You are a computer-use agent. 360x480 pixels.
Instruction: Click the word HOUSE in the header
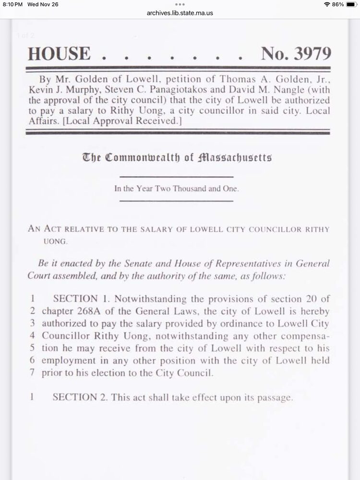[59, 53]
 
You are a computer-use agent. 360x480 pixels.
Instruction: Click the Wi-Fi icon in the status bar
[327, 4]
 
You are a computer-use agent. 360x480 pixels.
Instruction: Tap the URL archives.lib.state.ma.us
[180, 13]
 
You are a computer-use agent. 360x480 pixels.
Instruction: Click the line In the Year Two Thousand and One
[176, 189]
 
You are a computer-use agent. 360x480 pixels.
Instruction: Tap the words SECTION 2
[74, 397]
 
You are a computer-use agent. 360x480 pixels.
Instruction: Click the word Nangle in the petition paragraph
[300, 90]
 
